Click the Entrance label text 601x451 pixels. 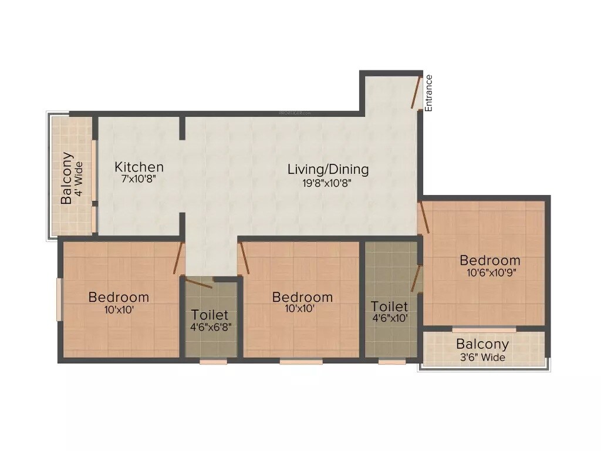click(x=429, y=93)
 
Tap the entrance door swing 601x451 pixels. click(x=416, y=92)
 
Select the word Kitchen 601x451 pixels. click(x=139, y=167)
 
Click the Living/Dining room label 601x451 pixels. click(x=328, y=170)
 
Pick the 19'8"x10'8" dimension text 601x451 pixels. click(x=328, y=182)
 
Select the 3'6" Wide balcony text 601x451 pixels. click(x=482, y=357)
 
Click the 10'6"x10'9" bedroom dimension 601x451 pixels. click(x=490, y=272)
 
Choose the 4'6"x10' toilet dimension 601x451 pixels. click(x=390, y=318)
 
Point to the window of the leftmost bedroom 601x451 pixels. click(x=59, y=299)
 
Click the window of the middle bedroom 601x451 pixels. click(x=301, y=362)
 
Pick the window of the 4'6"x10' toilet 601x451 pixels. click(x=391, y=362)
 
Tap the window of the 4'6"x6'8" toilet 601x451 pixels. click(x=213, y=362)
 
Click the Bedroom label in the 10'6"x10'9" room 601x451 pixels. click(x=490, y=260)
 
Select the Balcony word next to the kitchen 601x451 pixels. click(x=67, y=178)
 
